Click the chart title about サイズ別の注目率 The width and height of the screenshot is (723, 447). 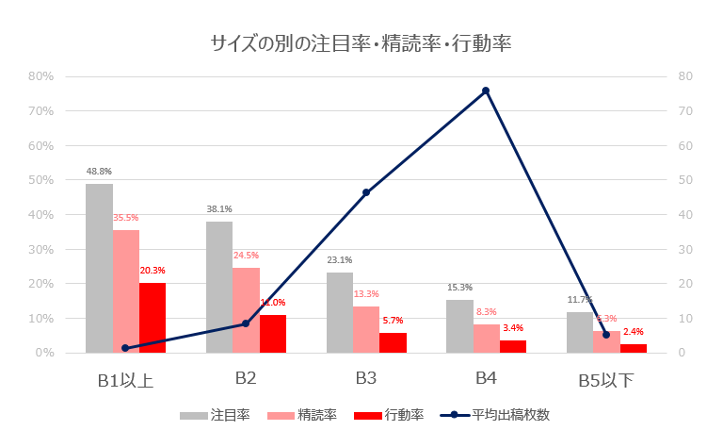361,42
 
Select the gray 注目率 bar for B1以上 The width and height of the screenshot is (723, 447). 99,268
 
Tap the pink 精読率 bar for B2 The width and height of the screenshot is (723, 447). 246,310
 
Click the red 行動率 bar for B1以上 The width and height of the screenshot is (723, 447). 153,318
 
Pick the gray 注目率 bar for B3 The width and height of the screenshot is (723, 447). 340,312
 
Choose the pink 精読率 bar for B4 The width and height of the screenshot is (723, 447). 487,339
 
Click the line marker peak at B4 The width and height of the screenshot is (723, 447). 486,91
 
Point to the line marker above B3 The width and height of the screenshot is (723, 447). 366,192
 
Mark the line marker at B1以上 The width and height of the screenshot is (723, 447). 125,348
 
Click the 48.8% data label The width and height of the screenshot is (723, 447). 99,172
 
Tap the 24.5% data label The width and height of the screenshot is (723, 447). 246,256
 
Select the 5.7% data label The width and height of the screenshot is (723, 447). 393,321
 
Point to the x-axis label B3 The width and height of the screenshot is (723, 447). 366,379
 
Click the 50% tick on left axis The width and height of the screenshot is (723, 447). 40,180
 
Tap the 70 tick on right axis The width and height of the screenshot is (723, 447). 685,111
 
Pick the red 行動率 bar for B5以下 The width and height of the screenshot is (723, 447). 634,348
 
